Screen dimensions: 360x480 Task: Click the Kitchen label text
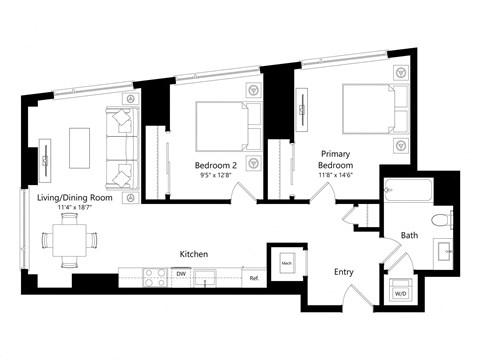(x=193, y=254)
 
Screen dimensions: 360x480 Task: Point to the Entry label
(x=344, y=271)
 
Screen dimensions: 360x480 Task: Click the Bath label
(x=410, y=236)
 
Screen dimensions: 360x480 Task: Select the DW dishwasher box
(x=181, y=273)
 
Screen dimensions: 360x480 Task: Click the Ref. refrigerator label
(x=254, y=277)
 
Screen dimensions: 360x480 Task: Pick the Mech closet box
(x=285, y=263)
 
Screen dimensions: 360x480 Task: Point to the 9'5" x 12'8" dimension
(x=215, y=175)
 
